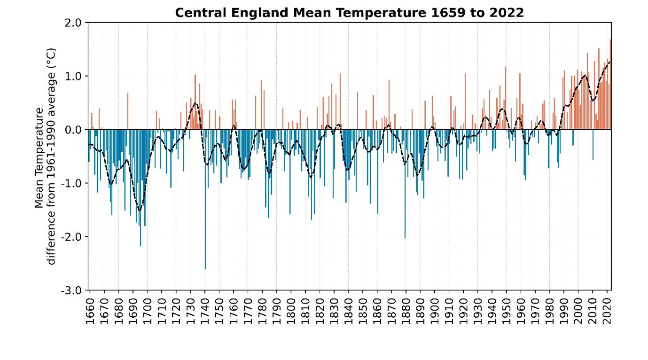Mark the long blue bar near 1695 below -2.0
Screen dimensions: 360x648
point(140,188)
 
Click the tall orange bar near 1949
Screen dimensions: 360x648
point(506,99)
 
